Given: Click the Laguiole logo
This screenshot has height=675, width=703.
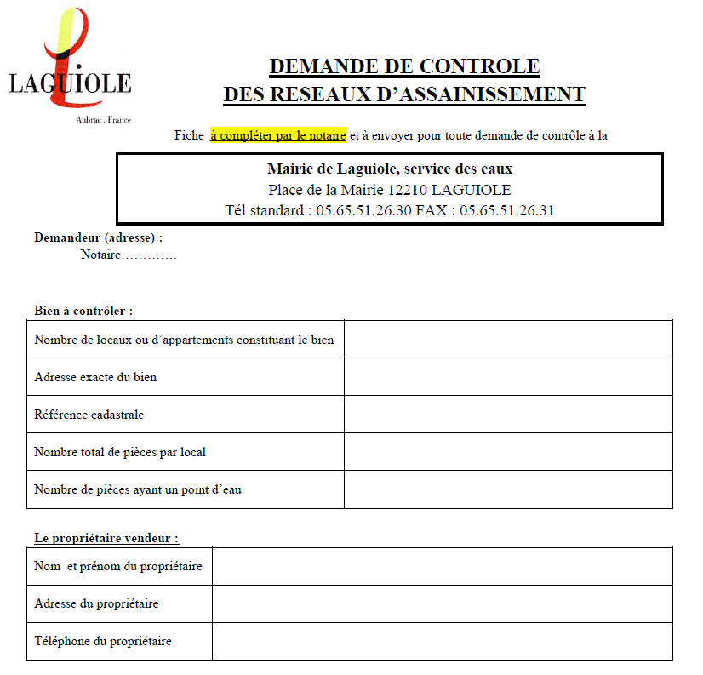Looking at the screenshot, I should click(70, 64).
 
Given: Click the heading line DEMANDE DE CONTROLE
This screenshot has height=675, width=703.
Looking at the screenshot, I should click(404, 66).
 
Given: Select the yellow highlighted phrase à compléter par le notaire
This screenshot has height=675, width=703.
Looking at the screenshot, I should click(278, 135).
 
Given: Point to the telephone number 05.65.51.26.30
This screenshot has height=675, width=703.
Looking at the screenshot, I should click(363, 210).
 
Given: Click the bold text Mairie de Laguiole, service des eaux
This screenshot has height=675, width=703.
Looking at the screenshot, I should click(390, 169).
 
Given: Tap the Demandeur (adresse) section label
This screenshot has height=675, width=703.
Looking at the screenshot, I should click(98, 238).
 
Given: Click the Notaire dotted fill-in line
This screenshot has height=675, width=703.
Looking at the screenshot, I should click(149, 255).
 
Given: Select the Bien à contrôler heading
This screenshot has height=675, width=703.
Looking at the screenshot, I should click(83, 311).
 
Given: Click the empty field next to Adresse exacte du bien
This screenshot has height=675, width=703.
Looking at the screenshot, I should click(508, 377).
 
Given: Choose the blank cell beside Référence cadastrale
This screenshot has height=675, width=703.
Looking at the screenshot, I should click(508, 415).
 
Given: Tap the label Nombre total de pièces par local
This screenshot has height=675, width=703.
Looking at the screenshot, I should click(120, 452).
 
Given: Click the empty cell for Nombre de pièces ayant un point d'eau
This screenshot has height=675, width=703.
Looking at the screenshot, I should click(508, 489).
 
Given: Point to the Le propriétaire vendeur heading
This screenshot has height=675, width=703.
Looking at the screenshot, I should click(106, 538).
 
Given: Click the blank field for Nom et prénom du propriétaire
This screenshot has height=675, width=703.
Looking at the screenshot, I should click(442, 566).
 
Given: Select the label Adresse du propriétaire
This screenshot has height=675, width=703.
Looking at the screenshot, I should click(96, 603).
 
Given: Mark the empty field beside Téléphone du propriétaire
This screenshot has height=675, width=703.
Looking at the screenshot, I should click(442, 641).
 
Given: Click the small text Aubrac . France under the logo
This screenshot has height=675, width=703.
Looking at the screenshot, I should click(104, 120).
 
